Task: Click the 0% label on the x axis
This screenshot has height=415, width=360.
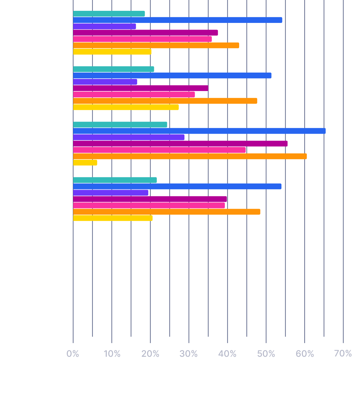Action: point(73,354)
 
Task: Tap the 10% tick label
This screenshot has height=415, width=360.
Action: point(112,354)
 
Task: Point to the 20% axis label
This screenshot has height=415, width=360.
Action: point(150,354)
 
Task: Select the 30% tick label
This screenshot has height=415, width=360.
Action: point(189,354)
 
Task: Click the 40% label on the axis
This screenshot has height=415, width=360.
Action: point(227,354)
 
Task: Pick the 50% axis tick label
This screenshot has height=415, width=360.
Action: point(266,354)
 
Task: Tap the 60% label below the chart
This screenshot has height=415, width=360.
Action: point(305,354)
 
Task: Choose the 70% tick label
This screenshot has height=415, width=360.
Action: point(343,354)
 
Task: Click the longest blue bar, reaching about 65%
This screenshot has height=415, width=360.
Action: point(199,131)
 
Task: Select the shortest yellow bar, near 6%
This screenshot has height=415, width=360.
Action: point(85,163)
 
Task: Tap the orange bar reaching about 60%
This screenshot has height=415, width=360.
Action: point(190,156)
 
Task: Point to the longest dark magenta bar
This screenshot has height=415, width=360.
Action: point(180,144)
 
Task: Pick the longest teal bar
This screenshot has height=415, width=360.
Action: point(120,125)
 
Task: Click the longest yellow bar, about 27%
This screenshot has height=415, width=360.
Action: point(126,107)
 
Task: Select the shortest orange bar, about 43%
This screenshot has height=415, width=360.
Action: point(156,46)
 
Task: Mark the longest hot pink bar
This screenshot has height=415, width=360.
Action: point(159,150)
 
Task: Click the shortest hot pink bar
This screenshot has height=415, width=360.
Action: point(134,95)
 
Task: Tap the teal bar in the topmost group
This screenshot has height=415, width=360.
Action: point(109,14)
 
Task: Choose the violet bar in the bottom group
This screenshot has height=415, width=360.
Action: point(111,193)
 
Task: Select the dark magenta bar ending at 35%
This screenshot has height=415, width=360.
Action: point(141,88)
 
